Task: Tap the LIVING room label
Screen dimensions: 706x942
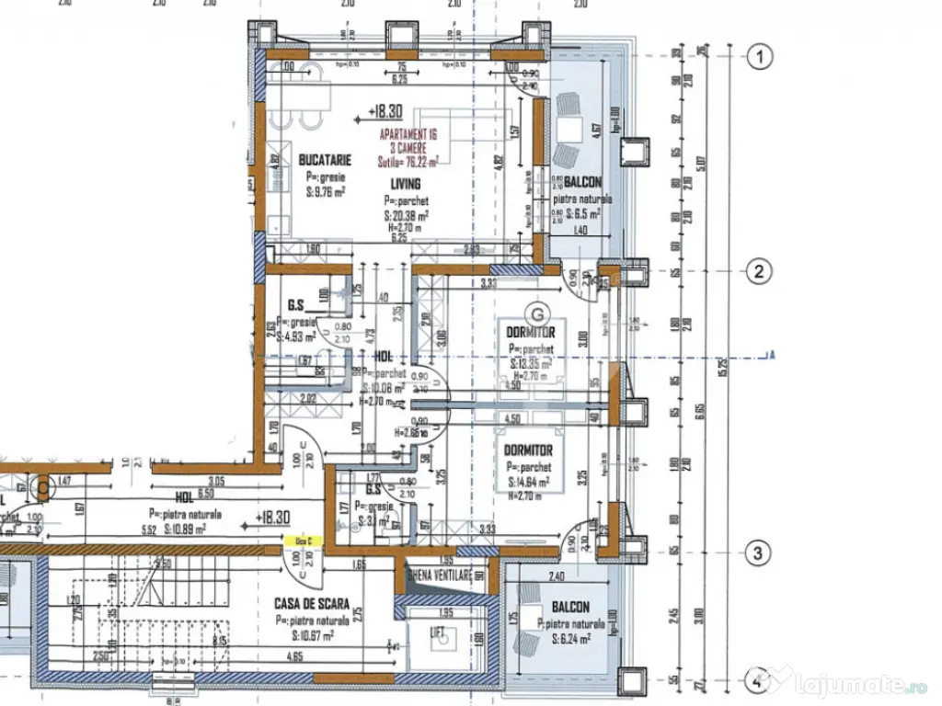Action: [x=405, y=184]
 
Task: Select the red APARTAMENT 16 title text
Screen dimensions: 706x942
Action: [x=408, y=134]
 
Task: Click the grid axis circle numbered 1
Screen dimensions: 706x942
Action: [x=759, y=59]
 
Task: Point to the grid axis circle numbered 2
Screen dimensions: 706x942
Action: [x=759, y=271]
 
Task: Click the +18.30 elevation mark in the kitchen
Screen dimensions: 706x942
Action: [x=384, y=111]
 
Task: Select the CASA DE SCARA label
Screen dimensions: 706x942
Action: [x=312, y=604]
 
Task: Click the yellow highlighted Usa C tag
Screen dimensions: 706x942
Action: [x=301, y=542]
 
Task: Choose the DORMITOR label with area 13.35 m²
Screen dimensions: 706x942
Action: [x=530, y=332]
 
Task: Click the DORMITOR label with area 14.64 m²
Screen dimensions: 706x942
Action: [x=528, y=450]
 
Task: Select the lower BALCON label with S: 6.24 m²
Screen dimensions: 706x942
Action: [x=570, y=608]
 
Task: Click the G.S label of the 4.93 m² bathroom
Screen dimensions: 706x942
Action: [x=296, y=305]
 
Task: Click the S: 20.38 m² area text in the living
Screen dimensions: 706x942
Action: [x=409, y=216]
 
